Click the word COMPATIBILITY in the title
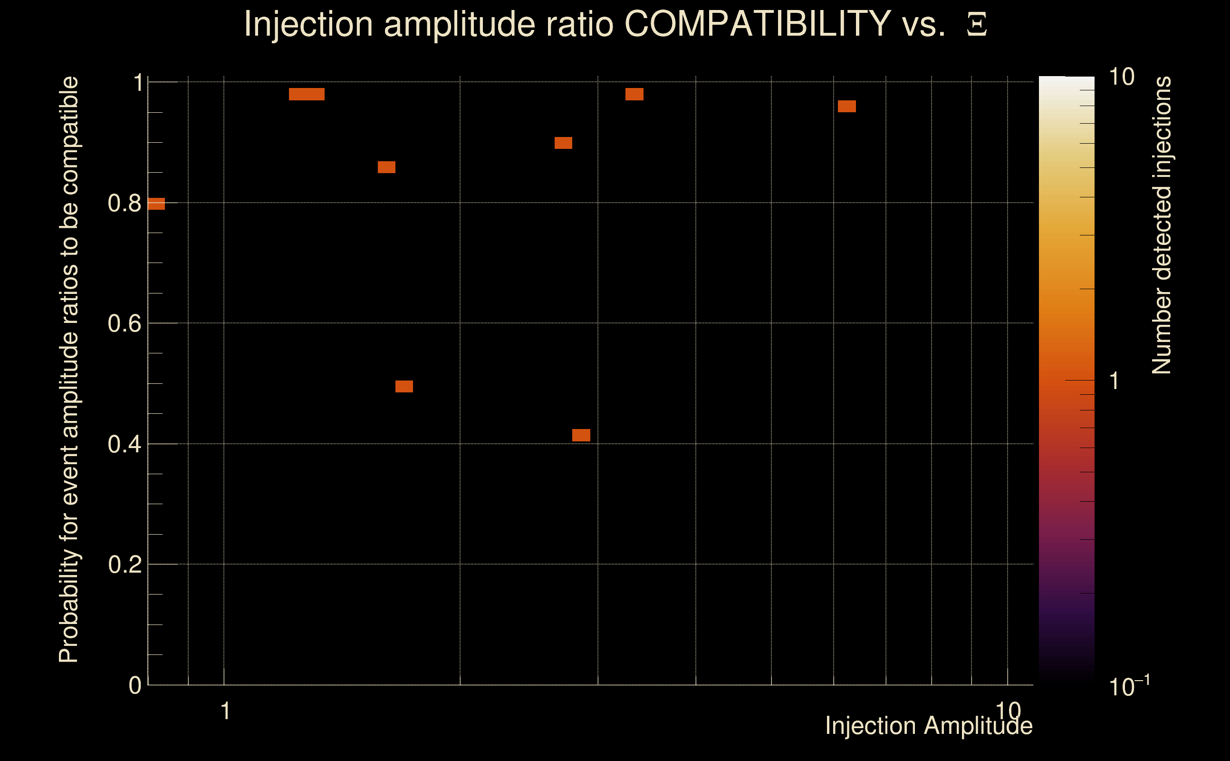click(757, 24)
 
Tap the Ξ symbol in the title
click(977, 25)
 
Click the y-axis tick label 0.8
click(124, 204)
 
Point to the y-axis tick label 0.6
click(124, 323)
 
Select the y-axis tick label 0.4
click(124, 444)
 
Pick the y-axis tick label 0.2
click(124, 565)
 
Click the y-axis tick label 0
click(135, 685)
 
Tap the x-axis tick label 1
click(225, 711)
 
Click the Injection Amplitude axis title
click(928, 726)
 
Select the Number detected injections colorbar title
click(1162, 225)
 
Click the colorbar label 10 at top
click(1121, 77)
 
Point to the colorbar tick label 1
click(1115, 381)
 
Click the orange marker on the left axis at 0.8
click(156, 204)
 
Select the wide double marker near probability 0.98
click(307, 94)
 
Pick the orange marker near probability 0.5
click(404, 387)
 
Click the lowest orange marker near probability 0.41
click(581, 435)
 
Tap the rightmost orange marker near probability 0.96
click(847, 106)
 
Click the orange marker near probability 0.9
click(563, 143)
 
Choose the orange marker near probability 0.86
click(386, 167)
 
